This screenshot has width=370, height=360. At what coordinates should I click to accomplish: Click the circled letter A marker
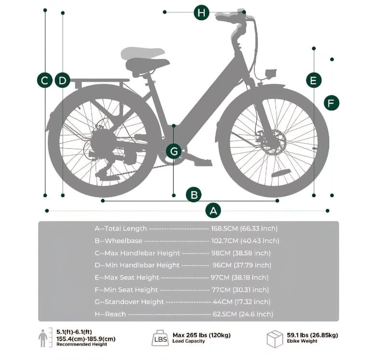[213, 210]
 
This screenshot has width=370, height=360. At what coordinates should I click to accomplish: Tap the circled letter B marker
[194, 195]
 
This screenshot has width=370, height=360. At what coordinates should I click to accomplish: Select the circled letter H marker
[201, 12]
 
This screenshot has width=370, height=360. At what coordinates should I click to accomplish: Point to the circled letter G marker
[174, 151]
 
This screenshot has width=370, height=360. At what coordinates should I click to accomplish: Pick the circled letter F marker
[331, 103]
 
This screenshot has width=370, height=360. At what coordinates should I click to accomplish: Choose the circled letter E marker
[314, 80]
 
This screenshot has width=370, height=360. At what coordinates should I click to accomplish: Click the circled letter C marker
[45, 80]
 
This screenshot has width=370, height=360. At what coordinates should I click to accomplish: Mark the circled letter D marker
[63, 80]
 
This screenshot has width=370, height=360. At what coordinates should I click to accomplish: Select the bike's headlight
[271, 73]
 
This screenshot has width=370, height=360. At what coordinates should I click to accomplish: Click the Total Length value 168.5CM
[225, 229]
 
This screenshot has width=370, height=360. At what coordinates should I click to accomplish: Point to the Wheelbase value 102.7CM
[225, 241]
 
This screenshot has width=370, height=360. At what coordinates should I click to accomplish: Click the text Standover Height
[134, 302]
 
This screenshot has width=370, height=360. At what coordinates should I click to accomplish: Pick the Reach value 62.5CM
[225, 314]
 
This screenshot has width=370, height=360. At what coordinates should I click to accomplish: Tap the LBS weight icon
[160, 338]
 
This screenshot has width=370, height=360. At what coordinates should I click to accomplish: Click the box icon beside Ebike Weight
[275, 339]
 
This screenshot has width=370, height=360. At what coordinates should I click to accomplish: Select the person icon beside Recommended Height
[43, 338]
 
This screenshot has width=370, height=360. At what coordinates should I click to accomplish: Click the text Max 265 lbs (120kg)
[201, 335]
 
